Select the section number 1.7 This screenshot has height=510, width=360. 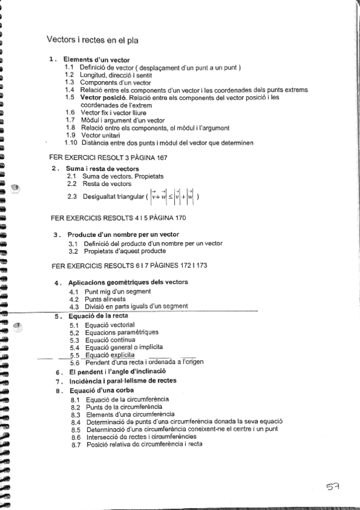click(70, 120)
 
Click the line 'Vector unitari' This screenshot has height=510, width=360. click(99, 135)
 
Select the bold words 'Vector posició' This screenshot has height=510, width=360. click(102, 97)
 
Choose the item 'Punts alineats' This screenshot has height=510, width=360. click(105, 299)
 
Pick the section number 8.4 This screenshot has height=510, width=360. click(76, 422)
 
